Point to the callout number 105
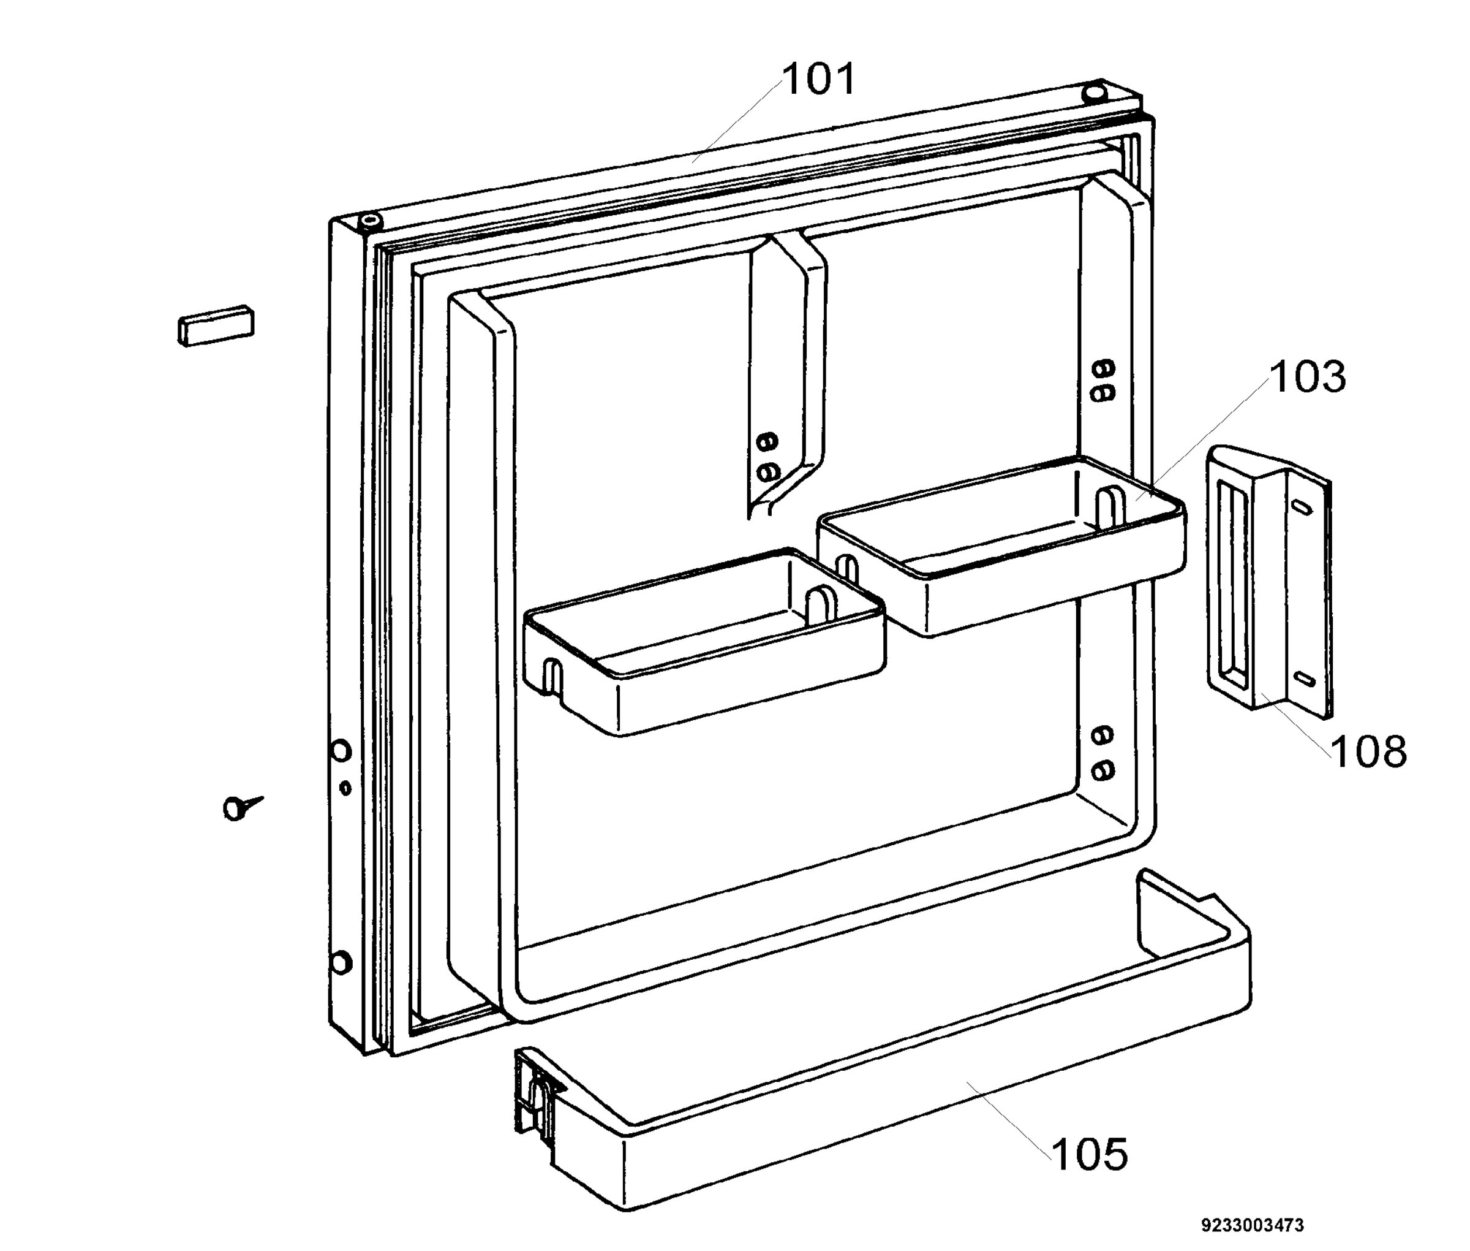tap(1090, 1155)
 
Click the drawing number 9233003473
tap(1253, 1225)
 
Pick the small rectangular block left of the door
tap(216, 325)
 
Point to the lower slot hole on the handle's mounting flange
tap(1305, 679)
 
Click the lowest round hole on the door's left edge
tap(341, 962)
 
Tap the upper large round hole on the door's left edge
tap(342, 751)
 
